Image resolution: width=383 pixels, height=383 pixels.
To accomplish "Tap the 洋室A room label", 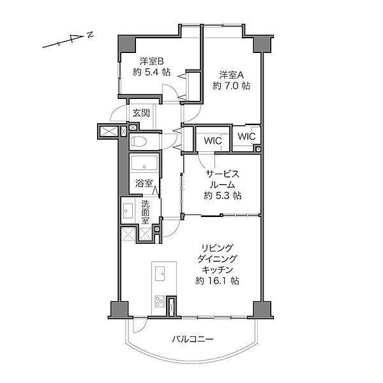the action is pyautogui.click(x=231, y=75).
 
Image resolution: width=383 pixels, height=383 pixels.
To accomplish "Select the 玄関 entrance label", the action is pyautogui.click(x=141, y=113).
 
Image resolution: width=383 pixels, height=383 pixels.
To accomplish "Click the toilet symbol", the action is pyautogui.click(x=139, y=141).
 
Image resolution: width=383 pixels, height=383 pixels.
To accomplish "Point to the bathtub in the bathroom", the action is pyautogui.click(x=144, y=163).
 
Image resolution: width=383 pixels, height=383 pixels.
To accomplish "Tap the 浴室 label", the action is pyautogui.click(x=144, y=183).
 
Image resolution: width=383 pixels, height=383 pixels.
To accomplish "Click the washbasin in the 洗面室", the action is pyautogui.click(x=127, y=210).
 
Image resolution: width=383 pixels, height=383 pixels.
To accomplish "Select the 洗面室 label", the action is pyautogui.click(x=146, y=212).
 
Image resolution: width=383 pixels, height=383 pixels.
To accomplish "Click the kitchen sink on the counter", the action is pyautogui.click(x=159, y=273).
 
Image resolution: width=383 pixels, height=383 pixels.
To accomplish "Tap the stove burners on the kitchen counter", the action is pyautogui.click(x=160, y=301).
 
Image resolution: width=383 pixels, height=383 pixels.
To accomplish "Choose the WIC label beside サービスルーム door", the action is pyautogui.click(x=213, y=140).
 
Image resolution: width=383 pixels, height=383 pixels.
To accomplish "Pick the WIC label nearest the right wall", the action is pyautogui.click(x=246, y=137).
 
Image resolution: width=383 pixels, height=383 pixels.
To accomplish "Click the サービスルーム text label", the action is pyautogui.click(x=223, y=179).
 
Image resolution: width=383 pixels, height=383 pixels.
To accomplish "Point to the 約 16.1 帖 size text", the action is pyautogui.click(x=218, y=281).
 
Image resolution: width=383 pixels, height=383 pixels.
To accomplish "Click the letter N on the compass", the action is pyautogui.click(x=91, y=34).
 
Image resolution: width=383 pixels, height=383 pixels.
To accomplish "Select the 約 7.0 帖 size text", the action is pyautogui.click(x=231, y=86).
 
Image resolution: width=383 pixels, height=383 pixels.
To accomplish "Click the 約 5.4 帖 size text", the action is pyautogui.click(x=152, y=72).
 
